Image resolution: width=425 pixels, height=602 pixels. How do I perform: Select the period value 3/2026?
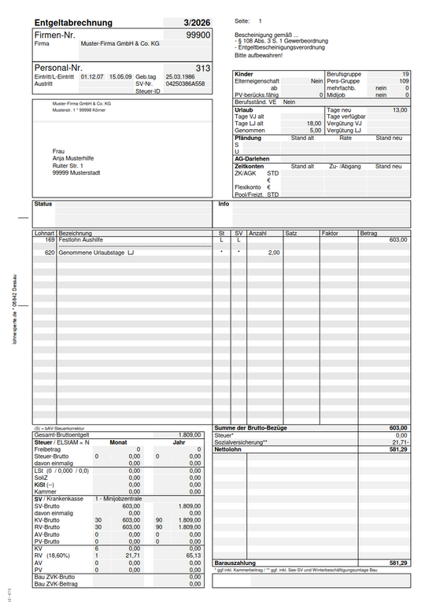(x=196, y=23)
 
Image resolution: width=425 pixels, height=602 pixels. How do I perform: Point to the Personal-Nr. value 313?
(x=203, y=68)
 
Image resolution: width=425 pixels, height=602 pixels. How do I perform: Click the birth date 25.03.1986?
(x=180, y=76)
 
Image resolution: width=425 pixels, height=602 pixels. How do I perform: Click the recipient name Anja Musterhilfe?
(x=75, y=158)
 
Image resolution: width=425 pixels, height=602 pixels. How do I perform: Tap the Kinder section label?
(x=243, y=73)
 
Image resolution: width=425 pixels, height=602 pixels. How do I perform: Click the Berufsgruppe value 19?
(x=404, y=73)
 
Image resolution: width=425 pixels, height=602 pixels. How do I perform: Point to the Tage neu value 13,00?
(x=400, y=109)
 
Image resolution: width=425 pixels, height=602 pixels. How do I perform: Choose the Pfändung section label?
(x=248, y=138)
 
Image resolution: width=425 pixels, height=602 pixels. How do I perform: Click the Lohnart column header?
(x=44, y=234)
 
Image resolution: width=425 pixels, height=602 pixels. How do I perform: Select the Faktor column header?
(x=331, y=234)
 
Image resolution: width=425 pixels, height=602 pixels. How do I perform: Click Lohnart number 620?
(x=50, y=253)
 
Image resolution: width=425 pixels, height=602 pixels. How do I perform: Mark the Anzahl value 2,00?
(x=273, y=253)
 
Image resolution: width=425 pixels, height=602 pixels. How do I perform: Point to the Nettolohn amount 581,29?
(x=397, y=449)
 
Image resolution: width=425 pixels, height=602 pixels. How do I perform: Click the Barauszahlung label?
(x=235, y=563)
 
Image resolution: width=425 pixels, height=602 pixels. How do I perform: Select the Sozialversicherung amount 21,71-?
(x=399, y=442)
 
